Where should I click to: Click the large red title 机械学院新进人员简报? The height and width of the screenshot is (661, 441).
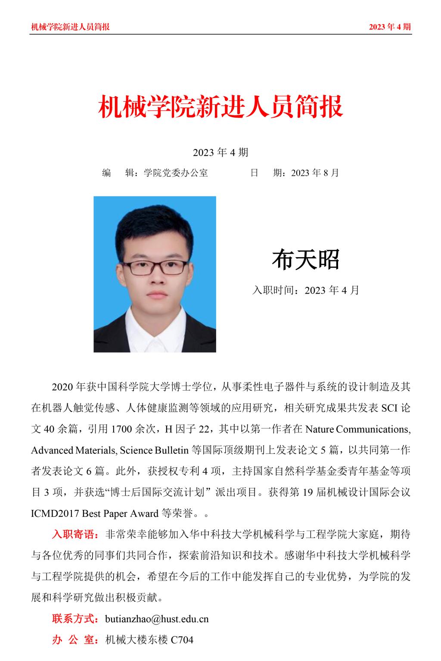pyautogui.click(x=220, y=107)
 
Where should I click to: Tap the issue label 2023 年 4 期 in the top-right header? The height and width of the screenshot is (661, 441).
pyautogui.click(x=390, y=27)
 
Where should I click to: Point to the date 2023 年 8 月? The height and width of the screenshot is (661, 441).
pyautogui.click(x=315, y=173)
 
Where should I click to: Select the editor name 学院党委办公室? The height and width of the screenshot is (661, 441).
pyautogui.click(x=176, y=173)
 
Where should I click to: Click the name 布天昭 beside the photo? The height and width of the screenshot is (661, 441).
pyautogui.click(x=305, y=260)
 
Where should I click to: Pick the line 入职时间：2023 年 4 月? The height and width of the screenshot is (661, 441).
pyautogui.click(x=305, y=290)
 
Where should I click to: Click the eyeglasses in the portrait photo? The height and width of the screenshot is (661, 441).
pyautogui.click(x=158, y=267)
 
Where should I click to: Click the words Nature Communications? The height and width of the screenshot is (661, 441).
pyautogui.click(x=357, y=429)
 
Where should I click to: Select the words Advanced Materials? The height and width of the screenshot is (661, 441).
pyautogui.click(x=73, y=450)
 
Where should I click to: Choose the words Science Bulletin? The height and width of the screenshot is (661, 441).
pyautogui.click(x=154, y=450)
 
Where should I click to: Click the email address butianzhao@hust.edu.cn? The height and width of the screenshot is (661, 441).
pyautogui.click(x=157, y=619)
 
